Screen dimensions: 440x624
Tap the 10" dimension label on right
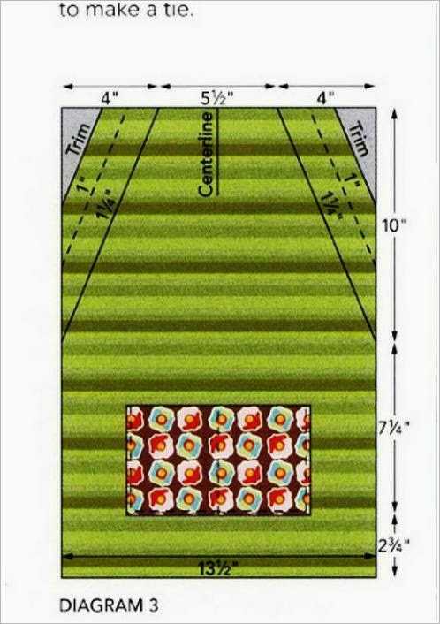pos(391,226)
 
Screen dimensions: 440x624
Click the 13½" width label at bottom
pos(216,569)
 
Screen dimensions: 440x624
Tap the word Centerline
pos(208,155)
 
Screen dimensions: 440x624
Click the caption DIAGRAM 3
pos(109,605)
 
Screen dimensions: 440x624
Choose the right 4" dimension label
pos(325,98)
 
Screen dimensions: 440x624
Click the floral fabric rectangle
pos(218,460)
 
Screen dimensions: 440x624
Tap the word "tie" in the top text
pos(181,10)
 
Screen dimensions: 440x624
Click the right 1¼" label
pos(330,203)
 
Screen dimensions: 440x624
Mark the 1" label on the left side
pos(83,182)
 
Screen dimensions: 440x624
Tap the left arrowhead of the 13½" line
pos(67,556)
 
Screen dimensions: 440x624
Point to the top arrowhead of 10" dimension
pos(394,114)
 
